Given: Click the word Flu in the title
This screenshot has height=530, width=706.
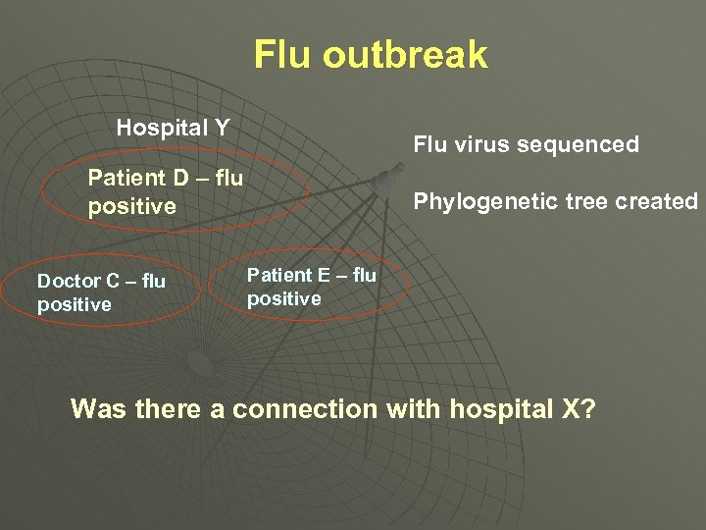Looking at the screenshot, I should [284, 55].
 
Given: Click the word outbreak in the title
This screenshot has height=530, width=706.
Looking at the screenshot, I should [405, 55].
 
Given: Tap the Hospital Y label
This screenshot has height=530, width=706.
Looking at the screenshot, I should [173, 128].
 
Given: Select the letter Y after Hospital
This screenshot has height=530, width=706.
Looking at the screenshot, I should [222, 128].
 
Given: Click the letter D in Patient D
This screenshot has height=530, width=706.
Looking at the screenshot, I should [179, 179].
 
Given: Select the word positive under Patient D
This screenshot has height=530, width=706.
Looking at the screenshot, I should [131, 207].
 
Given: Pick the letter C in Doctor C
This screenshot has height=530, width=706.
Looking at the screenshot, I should [114, 282].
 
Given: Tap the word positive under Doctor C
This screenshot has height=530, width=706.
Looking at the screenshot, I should [75, 305].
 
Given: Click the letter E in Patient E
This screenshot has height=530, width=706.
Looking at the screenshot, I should [320, 276].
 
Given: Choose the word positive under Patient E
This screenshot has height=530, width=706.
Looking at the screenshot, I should [283, 298].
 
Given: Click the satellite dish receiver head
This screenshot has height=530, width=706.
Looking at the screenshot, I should [384, 179].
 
